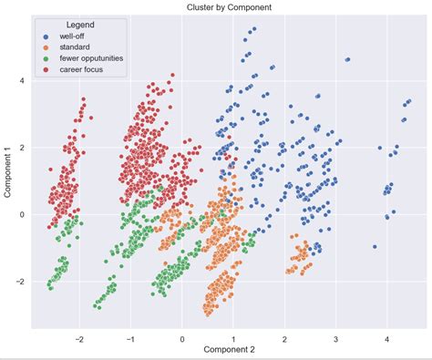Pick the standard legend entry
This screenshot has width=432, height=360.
point(79,46)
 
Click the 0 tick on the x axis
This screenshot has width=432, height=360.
point(182,337)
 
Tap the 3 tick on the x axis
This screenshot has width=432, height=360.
point(336,337)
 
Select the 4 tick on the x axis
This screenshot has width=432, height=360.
point(387,337)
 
